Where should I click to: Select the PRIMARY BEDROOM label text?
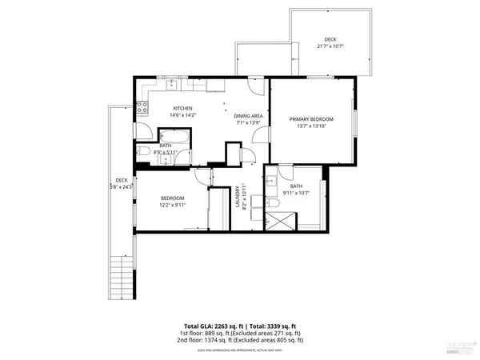click(x=308, y=118)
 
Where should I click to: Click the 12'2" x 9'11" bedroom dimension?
click(x=173, y=205)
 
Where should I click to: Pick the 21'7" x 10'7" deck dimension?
click(x=330, y=46)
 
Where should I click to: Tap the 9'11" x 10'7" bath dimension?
click(x=296, y=193)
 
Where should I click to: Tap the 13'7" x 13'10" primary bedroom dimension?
click(x=308, y=126)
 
